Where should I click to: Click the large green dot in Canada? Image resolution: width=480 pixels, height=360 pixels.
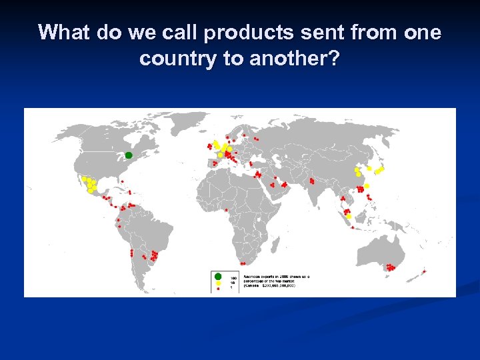click(129, 155)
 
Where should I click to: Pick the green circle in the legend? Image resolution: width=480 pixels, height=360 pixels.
click(218, 276)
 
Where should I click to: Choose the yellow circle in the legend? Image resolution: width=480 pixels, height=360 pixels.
click(218, 283)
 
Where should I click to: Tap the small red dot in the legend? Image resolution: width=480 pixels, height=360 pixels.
click(218, 288)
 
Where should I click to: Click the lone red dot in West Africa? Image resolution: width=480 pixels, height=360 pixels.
click(226, 210)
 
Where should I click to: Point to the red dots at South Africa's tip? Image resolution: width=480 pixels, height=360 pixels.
click(244, 263)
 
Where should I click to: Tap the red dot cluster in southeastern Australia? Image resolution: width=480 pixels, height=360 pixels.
click(389, 267)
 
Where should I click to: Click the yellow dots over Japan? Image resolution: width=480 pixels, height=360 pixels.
click(379, 171)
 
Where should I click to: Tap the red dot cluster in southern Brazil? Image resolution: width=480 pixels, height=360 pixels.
click(154, 255)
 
